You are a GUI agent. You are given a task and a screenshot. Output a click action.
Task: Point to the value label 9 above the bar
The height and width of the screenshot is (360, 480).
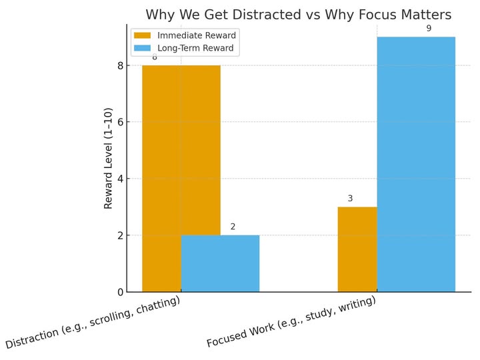pyautogui.click(x=429, y=29)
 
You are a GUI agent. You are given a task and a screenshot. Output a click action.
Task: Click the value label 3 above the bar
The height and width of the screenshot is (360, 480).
pyautogui.click(x=350, y=199)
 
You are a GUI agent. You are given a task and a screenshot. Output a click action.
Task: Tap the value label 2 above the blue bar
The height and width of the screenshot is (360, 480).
pyautogui.click(x=233, y=227)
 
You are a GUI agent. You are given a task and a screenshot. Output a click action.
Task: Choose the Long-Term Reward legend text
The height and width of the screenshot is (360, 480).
pyautogui.click(x=195, y=48)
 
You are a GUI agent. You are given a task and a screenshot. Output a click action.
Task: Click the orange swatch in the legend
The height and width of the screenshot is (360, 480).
pyautogui.click(x=143, y=35)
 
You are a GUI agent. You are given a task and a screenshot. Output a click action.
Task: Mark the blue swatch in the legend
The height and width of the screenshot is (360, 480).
pyautogui.click(x=143, y=48)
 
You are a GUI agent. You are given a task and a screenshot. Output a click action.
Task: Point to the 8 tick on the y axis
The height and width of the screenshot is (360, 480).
pyautogui.click(x=120, y=65)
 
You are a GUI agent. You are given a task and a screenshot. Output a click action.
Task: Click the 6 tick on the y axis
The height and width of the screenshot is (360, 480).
pyautogui.click(x=120, y=122)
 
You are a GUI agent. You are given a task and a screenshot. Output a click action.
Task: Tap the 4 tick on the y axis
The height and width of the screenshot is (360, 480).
pyautogui.click(x=120, y=179)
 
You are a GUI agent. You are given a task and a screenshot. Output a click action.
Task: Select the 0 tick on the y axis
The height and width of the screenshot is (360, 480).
pyautogui.click(x=120, y=292)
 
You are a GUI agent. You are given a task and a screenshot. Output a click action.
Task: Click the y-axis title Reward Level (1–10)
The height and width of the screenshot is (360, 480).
pyautogui.click(x=108, y=158)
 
